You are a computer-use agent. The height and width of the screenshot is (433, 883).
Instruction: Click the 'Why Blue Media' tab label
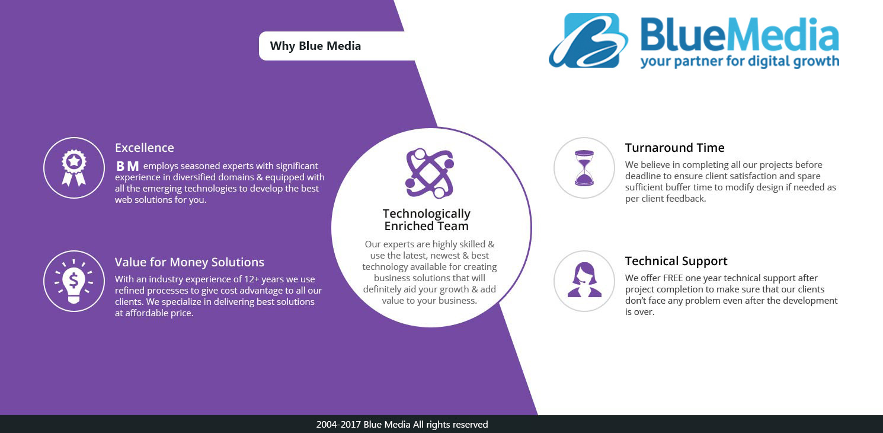(315, 46)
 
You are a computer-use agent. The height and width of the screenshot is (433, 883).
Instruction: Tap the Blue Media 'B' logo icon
(588, 41)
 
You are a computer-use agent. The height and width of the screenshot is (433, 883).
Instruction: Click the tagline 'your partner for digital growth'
(740, 61)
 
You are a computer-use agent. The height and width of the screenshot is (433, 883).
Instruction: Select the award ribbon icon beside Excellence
(73, 168)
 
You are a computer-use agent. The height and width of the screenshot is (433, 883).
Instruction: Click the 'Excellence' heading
(144, 148)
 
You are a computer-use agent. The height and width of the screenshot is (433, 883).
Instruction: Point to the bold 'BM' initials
(127, 166)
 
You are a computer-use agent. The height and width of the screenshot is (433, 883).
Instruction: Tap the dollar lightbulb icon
(73, 281)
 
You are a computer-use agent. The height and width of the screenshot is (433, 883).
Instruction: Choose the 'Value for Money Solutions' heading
(189, 262)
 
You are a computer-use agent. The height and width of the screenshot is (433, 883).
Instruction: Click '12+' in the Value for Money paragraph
(251, 279)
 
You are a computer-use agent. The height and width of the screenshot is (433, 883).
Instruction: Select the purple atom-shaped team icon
(430, 173)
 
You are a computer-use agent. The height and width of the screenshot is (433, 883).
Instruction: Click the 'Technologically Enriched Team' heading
(427, 219)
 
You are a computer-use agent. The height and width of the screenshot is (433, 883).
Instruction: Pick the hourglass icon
(584, 168)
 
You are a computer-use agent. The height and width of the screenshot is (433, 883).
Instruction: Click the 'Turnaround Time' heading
(674, 148)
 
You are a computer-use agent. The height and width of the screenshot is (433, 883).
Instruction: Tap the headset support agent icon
(584, 279)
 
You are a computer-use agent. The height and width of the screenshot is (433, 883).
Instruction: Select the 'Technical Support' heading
(676, 261)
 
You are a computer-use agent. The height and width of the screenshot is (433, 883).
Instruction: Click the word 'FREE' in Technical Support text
(673, 278)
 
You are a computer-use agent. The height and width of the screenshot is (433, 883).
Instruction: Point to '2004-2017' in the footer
(338, 424)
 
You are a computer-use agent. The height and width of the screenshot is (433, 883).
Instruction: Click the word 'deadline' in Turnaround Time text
(642, 176)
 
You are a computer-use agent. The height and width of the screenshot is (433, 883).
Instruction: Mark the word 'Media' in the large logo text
(783, 35)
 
